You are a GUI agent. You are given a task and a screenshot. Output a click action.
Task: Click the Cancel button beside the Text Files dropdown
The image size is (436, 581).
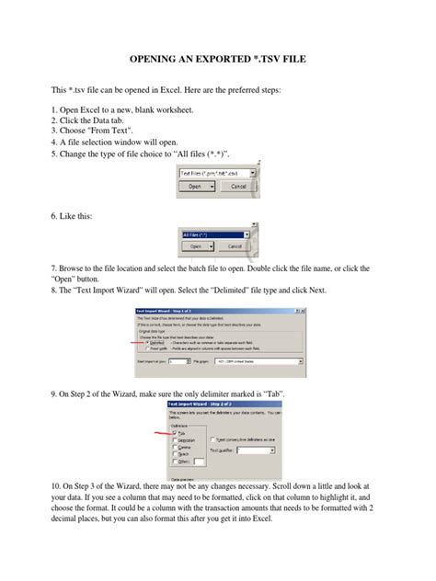tap(238, 185)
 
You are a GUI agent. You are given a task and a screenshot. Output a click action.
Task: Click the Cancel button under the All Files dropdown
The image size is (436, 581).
tap(234, 246)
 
